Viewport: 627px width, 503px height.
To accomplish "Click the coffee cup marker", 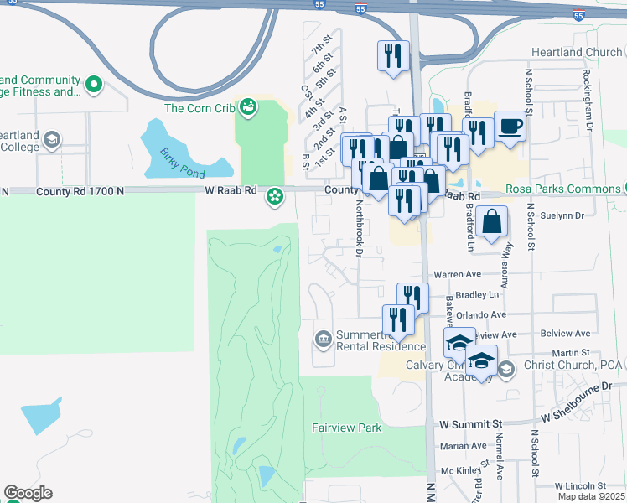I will (x=510, y=127).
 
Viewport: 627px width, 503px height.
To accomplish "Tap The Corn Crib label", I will (x=199, y=107).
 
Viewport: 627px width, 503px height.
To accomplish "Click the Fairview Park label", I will (x=346, y=428).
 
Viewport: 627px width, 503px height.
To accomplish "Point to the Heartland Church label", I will (x=577, y=52).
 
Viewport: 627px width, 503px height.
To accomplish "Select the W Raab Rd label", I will (x=231, y=191).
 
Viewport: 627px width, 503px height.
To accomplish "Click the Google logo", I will (x=28, y=493).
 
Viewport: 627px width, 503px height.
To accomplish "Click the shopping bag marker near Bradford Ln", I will (x=494, y=222).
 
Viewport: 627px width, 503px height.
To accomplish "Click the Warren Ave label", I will (x=457, y=274).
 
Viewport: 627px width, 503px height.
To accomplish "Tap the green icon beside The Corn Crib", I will (x=248, y=106).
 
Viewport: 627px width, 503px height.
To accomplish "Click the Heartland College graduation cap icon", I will (x=52, y=139).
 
